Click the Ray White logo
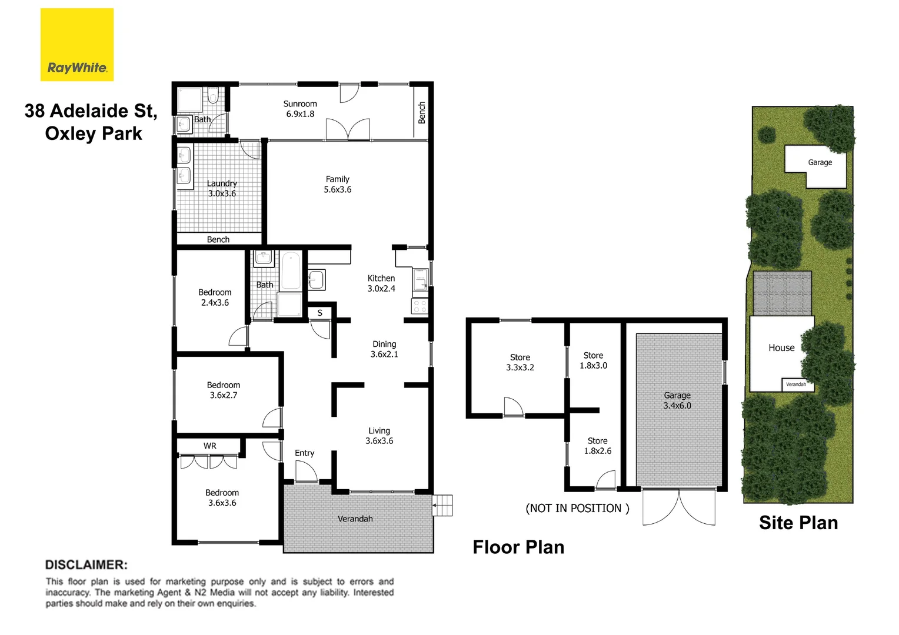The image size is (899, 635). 76,45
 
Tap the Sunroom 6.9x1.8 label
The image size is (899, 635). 300,109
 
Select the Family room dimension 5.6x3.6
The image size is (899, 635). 338,189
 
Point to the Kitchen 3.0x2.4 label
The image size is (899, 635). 381,283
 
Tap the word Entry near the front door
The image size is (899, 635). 304,453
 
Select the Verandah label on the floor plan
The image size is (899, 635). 355,519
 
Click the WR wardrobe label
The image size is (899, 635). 210,446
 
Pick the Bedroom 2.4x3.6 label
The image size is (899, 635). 215,298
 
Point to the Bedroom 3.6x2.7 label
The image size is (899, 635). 224,390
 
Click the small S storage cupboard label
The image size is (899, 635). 320,313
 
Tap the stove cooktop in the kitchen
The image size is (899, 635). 419,306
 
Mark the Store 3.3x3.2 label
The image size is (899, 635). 520,362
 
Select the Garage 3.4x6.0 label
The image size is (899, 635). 677,400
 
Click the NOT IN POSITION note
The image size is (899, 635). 577,508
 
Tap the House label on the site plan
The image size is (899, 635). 781,347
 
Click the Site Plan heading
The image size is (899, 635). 798,523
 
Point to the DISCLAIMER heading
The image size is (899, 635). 86,564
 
